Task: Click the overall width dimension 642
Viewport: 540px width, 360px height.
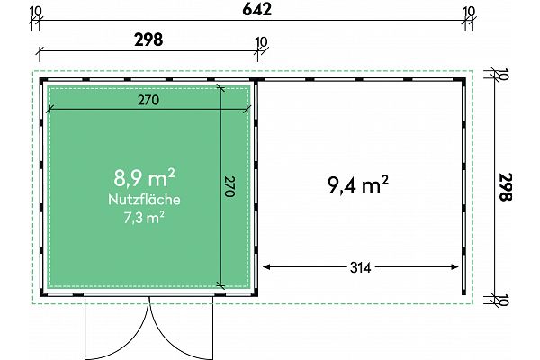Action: point(256,9)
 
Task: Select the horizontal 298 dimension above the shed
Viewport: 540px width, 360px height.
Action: point(148,40)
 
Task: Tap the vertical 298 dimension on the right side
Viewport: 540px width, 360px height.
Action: point(505,186)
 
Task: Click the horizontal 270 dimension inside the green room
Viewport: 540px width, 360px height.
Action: point(148,100)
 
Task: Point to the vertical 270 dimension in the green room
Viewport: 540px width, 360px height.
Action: point(229,186)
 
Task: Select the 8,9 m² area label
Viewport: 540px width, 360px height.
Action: point(144,178)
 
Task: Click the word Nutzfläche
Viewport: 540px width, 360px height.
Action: point(144,200)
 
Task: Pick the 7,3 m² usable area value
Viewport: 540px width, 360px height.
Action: point(144,218)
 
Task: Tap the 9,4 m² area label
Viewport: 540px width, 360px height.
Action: point(358,184)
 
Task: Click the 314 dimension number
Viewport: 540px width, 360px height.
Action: point(361,267)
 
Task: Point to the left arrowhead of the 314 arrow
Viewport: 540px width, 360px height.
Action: point(266,266)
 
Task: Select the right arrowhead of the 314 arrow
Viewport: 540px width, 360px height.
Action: point(454,266)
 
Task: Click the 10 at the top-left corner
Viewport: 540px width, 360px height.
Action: point(36,12)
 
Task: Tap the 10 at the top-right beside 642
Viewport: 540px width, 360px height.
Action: point(469,12)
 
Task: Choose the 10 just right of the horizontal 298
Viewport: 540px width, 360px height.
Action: point(261,42)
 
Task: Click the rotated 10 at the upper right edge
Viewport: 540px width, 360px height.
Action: point(503,74)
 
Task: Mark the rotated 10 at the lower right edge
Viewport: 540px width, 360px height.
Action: point(503,300)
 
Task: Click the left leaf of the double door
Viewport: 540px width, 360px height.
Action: point(117,328)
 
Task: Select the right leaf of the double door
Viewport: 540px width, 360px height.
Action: point(181,328)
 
